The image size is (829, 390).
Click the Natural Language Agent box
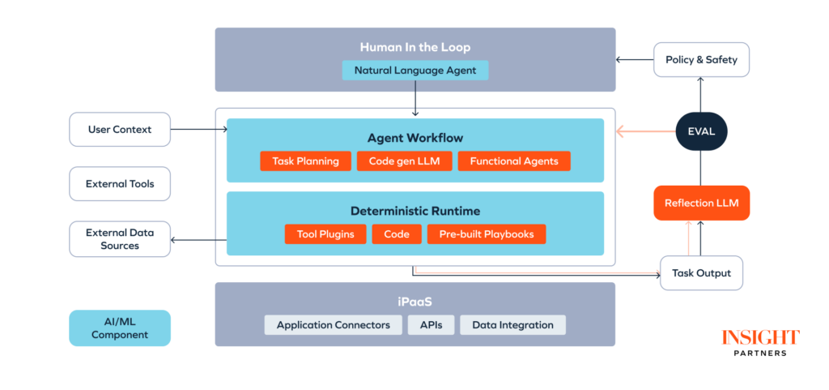pyautogui.click(x=414, y=71)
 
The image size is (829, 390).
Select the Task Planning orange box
pyautogui.click(x=305, y=161)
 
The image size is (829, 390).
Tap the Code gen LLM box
pyautogui.click(x=404, y=161)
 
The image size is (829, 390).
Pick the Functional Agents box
pyautogui.click(x=514, y=161)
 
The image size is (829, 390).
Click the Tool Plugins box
pyautogui.click(x=325, y=234)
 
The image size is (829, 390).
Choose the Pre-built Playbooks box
pyautogui.click(x=487, y=234)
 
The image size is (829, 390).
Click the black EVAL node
pyautogui.click(x=701, y=130)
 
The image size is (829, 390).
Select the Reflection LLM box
pyautogui.click(x=701, y=203)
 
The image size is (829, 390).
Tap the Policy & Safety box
pyautogui.click(x=701, y=60)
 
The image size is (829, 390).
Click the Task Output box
pyautogui.click(x=701, y=273)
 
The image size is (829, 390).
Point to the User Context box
pyautogui.click(x=120, y=129)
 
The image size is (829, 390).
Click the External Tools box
pyautogui.click(x=120, y=184)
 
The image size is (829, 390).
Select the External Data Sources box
pyautogui.click(x=120, y=239)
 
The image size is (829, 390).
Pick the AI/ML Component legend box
pyautogui.click(x=120, y=328)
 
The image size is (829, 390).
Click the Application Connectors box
pyautogui.click(x=333, y=325)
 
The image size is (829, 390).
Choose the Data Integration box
pyautogui.click(x=512, y=325)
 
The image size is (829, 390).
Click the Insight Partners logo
pyautogui.click(x=760, y=342)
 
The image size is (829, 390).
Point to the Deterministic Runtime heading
pyautogui.click(x=414, y=211)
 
